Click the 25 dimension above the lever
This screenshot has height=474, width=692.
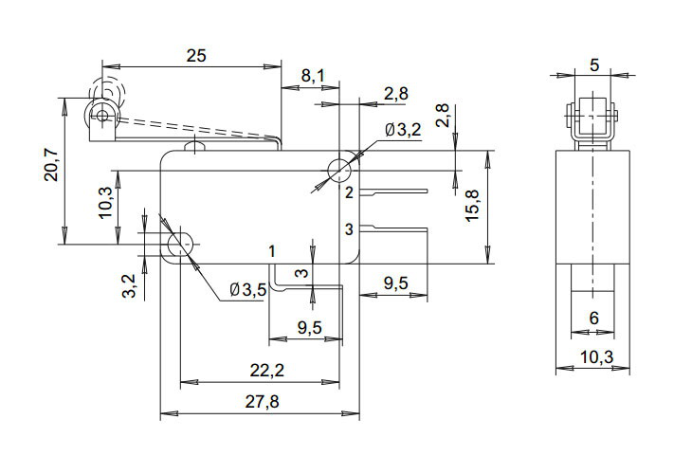(x=195, y=56)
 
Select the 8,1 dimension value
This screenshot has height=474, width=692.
(x=313, y=75)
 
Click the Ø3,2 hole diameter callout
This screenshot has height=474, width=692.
(x=403, y=130)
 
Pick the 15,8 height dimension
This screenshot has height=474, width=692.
(x=475, y=205)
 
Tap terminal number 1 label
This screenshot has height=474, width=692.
(x=272, y=251)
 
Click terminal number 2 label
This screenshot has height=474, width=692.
(x=349, y=193)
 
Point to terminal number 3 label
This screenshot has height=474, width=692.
(x=349, y=228)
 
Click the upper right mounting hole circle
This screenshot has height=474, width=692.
(x=339, y=171)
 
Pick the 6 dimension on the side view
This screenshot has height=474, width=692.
(x=593, y=319)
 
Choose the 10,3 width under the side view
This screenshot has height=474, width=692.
(x=594, y=356)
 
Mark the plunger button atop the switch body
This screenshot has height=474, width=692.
(x=196, y=145)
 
